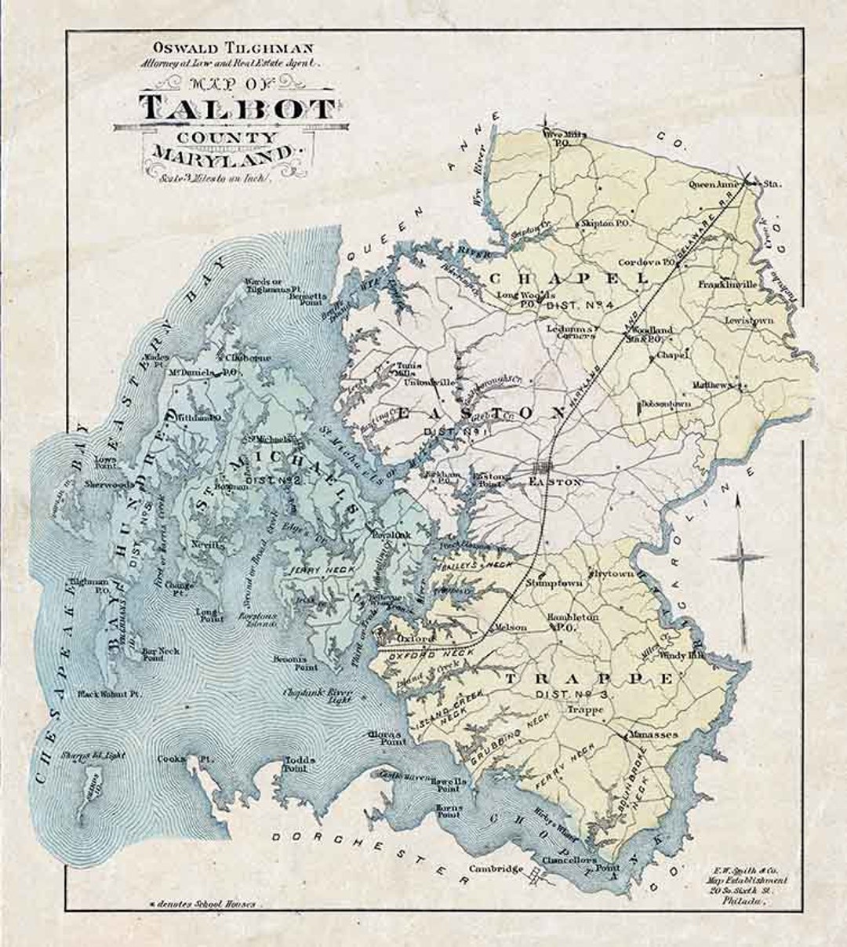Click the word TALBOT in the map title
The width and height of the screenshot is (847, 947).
[x=238, y=107]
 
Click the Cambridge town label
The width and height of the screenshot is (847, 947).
[x=496, y=869]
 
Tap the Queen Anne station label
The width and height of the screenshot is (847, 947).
[x=734, y=184]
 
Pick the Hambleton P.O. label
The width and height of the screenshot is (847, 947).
[x=573, y=622]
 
